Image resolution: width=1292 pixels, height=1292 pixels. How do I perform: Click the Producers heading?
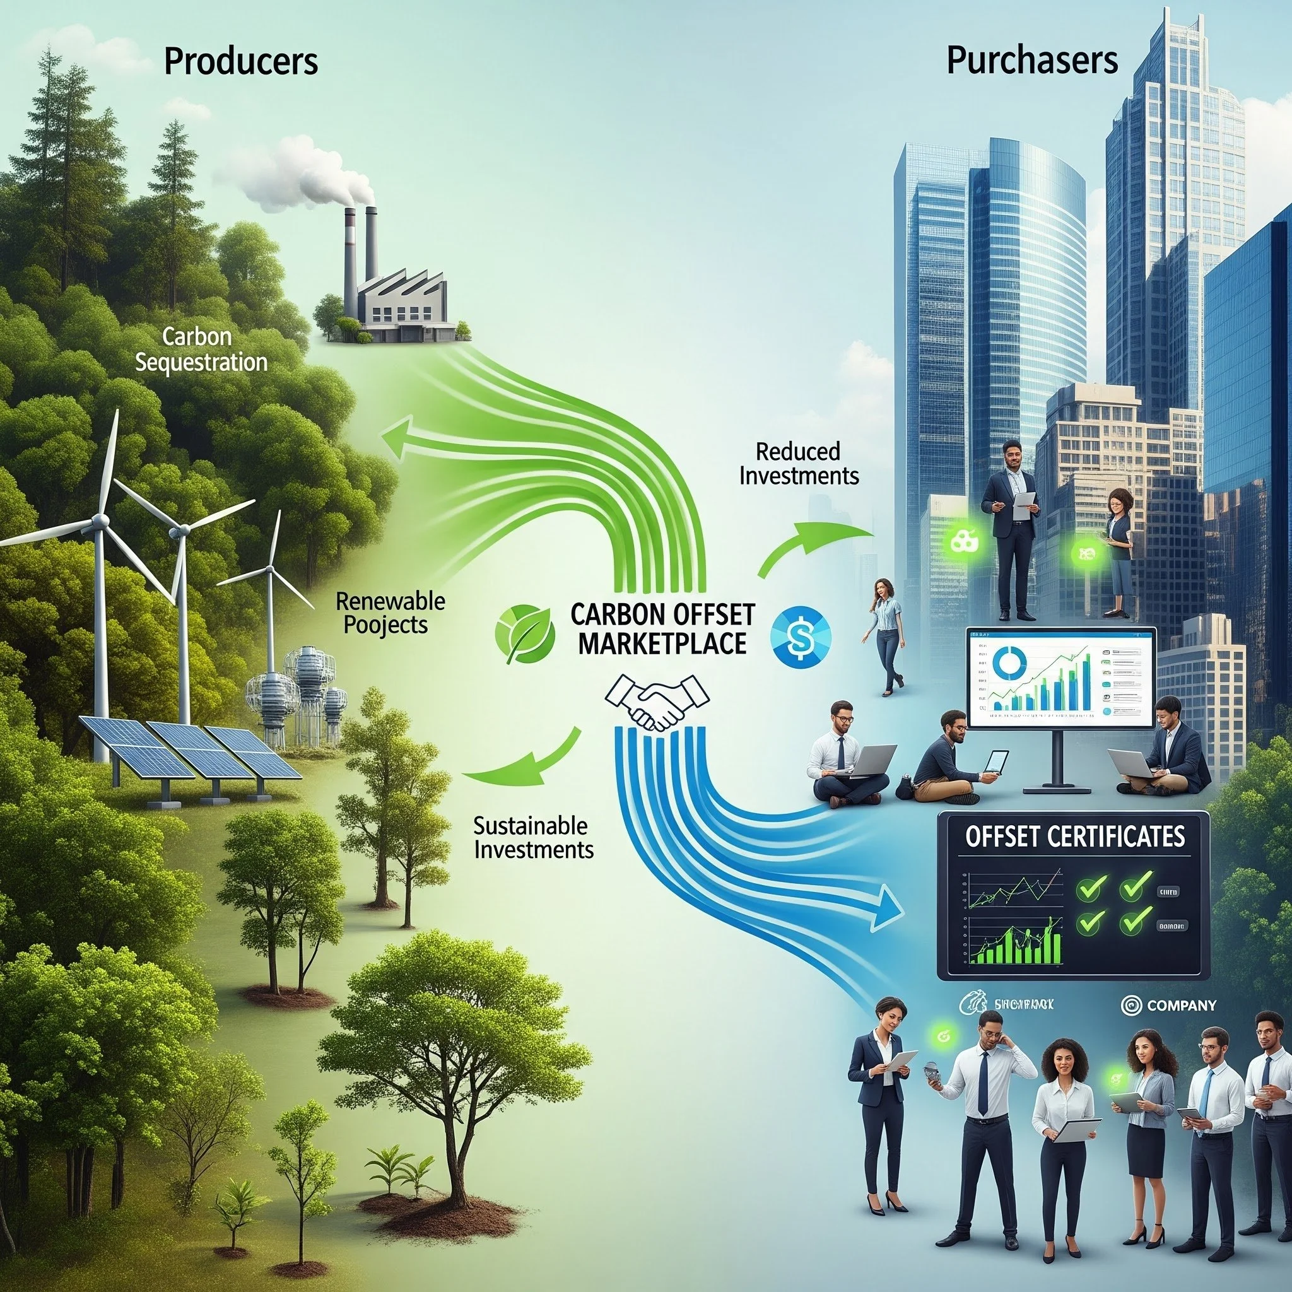click(x=240, y=62)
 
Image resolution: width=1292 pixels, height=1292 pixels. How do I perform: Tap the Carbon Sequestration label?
click(x=201, y=349)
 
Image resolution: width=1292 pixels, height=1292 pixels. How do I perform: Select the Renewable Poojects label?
click(x=390, y=613)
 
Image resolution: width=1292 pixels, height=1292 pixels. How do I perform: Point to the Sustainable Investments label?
click(x=533, y=837)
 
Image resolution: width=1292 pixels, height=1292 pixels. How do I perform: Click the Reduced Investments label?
click(x=799, y=464)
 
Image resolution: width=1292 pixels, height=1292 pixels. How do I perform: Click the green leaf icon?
click(x=525, y=633)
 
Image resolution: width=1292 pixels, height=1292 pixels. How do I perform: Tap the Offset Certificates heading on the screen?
click(x=1076, y=836)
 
